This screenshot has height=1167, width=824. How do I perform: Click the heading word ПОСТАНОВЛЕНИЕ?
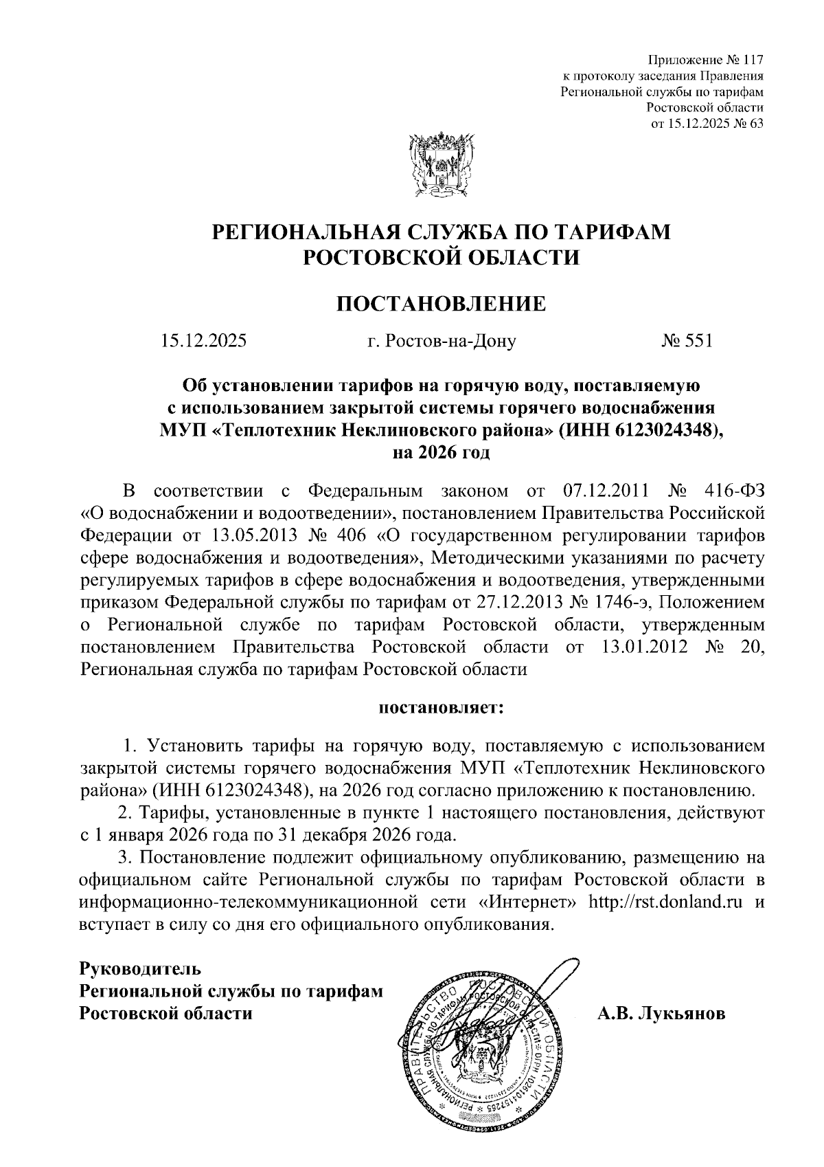[x=441, y=303]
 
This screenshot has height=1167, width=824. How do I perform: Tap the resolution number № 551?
[x=687, y=341]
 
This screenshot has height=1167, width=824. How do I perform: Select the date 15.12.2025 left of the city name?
[x=204, y=341]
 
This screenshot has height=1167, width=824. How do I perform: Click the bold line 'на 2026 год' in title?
[x=441, y=453]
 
